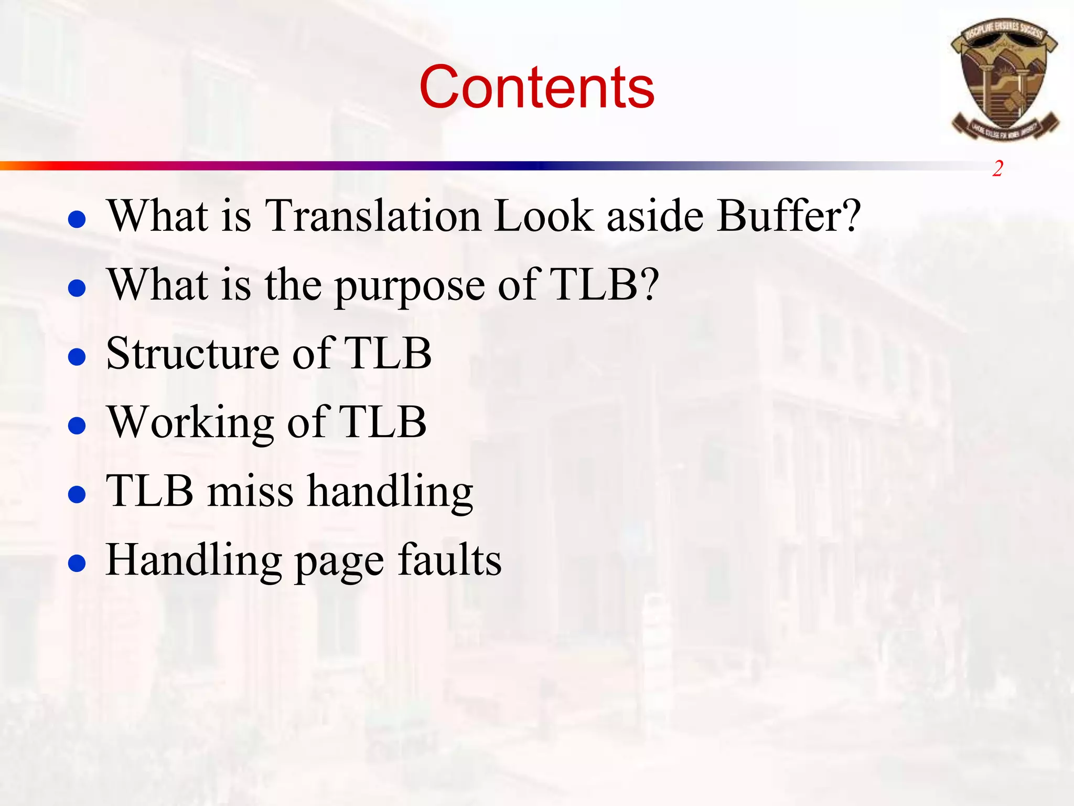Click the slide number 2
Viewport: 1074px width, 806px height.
click(997, 169)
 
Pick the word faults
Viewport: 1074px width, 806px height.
click(449, 560)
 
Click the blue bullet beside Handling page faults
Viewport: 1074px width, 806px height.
click(77, 564)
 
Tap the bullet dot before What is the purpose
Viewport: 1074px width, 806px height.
click(77, 288)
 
